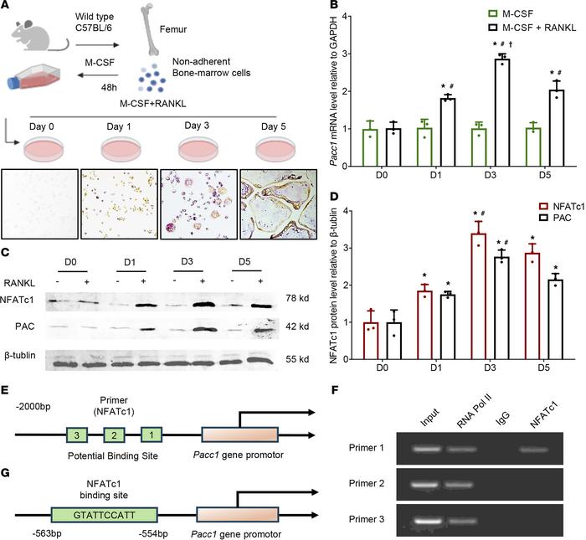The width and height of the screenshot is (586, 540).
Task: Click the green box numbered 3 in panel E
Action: point(77,435)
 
